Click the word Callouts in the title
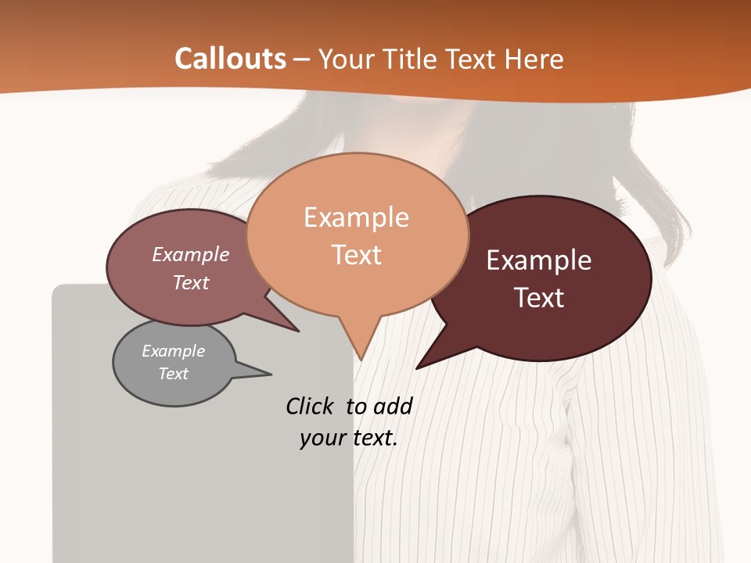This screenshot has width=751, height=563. point(230,59)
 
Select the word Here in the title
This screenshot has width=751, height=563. point(534,59)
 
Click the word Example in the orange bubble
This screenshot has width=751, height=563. point(356,217)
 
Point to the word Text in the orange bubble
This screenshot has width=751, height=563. point(357,255)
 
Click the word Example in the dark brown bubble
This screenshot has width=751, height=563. point(539,260)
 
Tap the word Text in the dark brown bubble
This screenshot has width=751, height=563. point(539,298)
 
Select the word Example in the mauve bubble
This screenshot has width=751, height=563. point(191,254)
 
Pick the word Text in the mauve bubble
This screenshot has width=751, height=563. point(191,282)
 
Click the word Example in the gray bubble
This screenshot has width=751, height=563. point(173,351)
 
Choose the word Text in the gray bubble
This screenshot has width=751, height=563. point(173,374)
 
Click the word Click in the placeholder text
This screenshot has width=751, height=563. point(311,406)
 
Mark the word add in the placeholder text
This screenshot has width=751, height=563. point(393,406)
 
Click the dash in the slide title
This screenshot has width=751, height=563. point(302,59)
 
